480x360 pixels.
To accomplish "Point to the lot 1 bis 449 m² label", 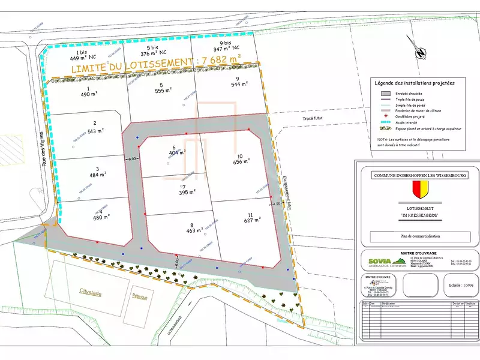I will click(80, 56).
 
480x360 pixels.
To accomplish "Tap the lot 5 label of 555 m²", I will click(162, 88).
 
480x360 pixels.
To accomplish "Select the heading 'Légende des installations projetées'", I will click(415, 83).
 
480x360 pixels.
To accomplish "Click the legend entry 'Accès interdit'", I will click(407, 121).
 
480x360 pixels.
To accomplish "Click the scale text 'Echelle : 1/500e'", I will click(458, 286).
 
